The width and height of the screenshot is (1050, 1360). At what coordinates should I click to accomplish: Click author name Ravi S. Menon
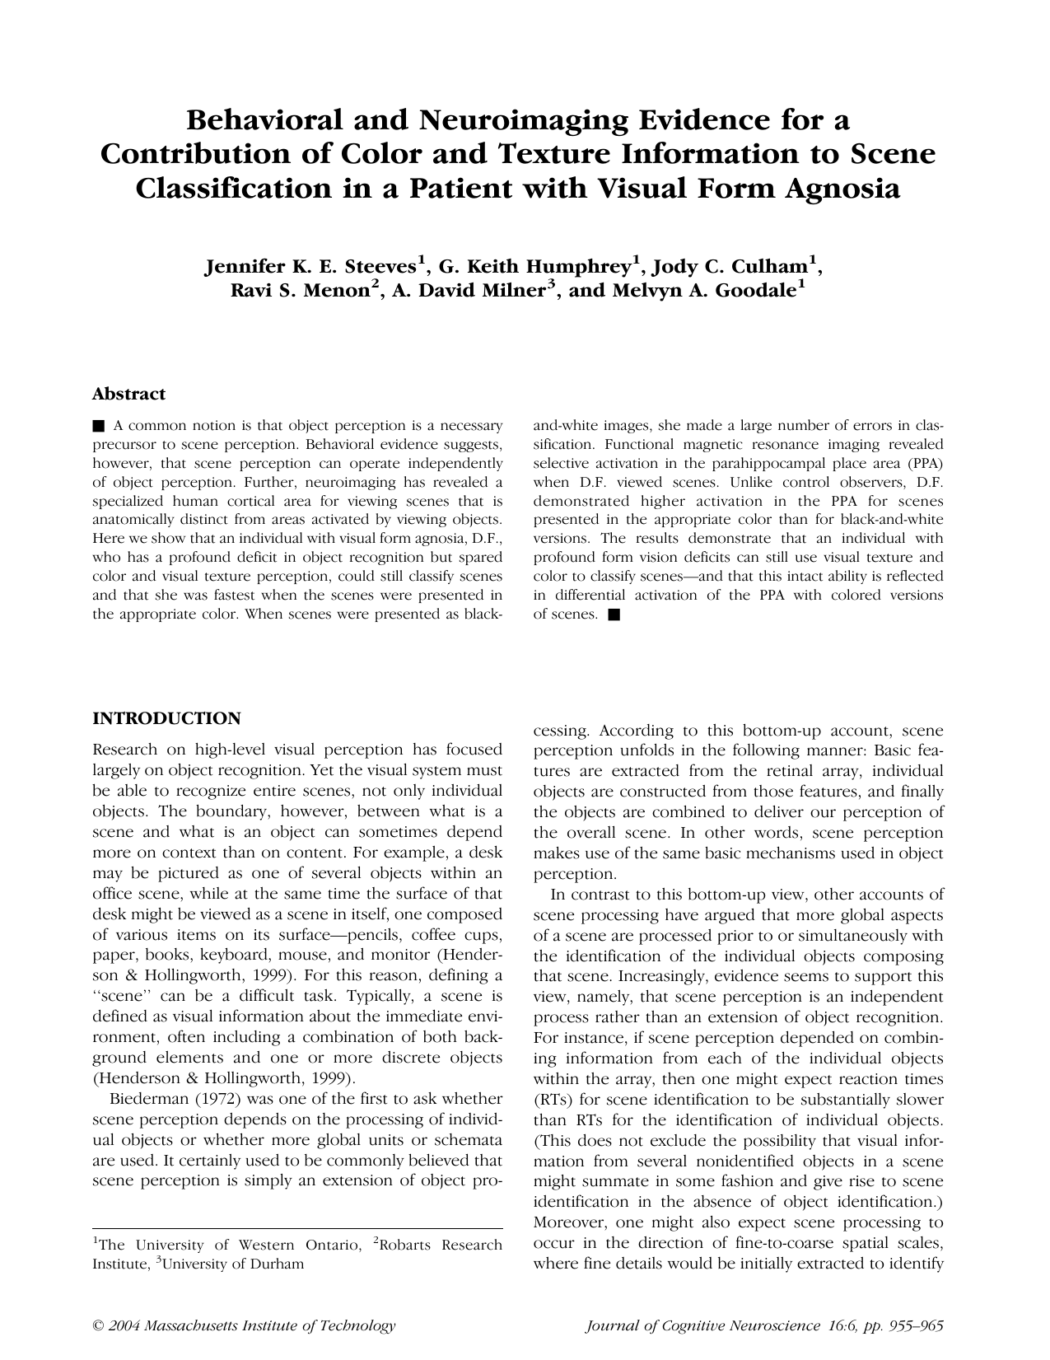pyautogui.click(x=298, y=291)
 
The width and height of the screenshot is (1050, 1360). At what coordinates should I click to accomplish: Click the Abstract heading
pyautogui.click(x=128, y=394)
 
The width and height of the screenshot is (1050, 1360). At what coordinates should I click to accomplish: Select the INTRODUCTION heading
pyautogui.click(x=166, y=718)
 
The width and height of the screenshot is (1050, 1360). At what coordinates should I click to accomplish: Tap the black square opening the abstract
pyautogui.click(x=99, y=426)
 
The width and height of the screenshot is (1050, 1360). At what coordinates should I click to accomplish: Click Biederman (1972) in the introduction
pyautogui.click(x=161, y=1099)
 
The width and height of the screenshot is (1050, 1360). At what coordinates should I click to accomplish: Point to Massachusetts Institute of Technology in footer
pyautogui.click(x=269, y=1326)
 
